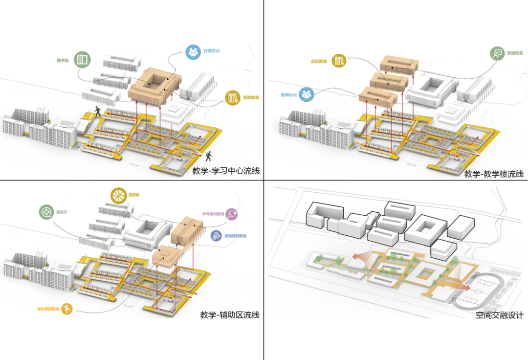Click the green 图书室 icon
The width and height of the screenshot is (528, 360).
82,60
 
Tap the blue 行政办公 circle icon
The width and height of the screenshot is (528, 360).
193,51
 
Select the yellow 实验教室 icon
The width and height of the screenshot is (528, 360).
232,97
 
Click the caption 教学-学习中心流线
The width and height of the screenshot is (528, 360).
225,171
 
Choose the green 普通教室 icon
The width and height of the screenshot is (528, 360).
498,52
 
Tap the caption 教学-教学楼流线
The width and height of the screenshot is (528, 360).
493,174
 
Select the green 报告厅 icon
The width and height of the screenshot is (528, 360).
46,212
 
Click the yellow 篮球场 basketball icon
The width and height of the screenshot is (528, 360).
117,195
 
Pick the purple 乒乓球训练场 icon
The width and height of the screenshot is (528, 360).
233,214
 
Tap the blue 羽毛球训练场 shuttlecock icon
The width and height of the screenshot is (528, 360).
217,236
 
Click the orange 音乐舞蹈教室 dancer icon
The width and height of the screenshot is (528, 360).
67,309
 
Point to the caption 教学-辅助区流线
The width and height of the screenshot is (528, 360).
229,315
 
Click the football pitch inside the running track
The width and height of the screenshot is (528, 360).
473,289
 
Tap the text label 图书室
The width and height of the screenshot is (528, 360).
63,61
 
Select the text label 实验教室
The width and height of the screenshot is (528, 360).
251,97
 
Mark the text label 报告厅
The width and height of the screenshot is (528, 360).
62,212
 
